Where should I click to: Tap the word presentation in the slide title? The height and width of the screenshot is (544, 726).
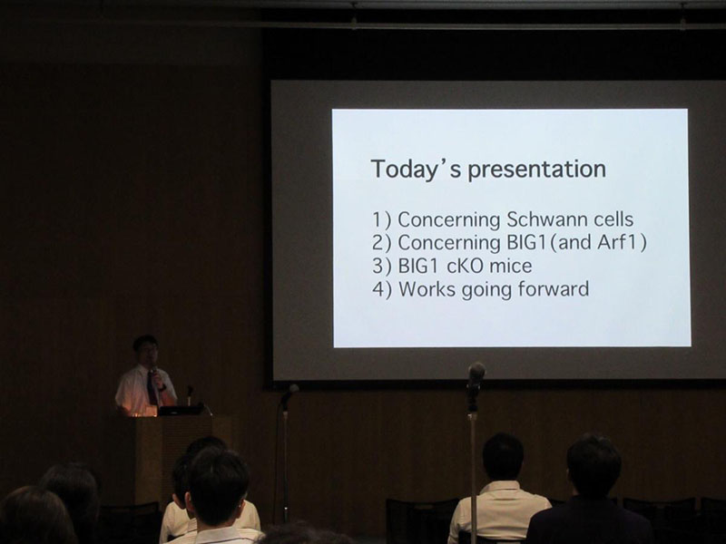click(536, 170)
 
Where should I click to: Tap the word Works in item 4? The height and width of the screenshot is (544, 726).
click(427, 289)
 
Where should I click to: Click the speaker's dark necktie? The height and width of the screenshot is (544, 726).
click(152, 388)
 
